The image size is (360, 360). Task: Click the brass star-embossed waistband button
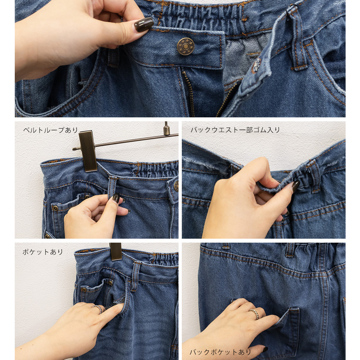[185, 46]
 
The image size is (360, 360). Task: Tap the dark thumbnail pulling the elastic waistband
[144, 24]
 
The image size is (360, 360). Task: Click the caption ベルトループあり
[50, 130]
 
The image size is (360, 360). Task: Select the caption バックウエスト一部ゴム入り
[235, 130]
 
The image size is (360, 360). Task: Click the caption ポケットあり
[42, 252]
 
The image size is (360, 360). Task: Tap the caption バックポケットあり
[220, 352]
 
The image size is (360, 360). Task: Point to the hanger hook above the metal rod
[166, 129]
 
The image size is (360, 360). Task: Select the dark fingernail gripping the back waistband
[295, 186]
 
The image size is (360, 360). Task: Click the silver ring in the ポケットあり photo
[97, 309]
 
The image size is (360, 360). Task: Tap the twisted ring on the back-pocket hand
[254, 314]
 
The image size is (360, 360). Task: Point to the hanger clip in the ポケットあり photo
[116, 251]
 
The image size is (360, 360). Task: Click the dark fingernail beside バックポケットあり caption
[265, 349]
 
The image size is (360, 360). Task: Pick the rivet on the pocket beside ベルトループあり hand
[55, 208]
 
